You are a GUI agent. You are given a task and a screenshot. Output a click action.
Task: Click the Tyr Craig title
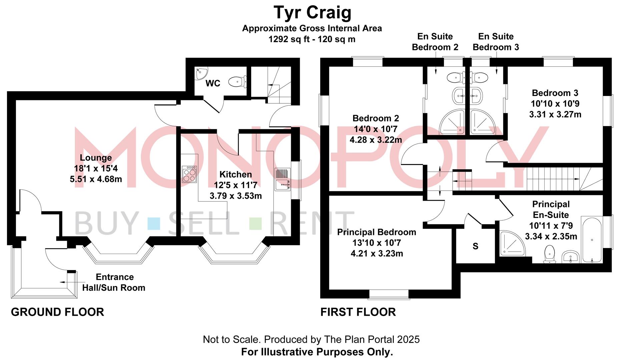tap(313, 13)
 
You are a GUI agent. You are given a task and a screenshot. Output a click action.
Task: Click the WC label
tap(213, 83)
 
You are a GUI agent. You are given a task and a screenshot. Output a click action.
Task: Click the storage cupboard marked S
tap(475, 246)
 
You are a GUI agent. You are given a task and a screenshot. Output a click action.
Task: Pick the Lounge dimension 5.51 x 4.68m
tap(96, 179)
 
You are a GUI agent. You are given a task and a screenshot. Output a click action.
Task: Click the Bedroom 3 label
tap(555, 93)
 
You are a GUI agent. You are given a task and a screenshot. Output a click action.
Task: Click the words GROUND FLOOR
tap(57, 312)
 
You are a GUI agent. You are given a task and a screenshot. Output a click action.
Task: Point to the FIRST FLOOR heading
tap(358, 312)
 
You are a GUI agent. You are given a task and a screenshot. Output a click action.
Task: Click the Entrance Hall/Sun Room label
tap(114, 282)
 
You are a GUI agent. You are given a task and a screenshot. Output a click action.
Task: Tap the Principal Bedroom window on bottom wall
tap(389, 294)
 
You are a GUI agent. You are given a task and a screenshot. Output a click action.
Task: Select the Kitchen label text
tap(235, 174)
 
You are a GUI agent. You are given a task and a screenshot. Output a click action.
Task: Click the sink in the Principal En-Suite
tap(571, 257)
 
